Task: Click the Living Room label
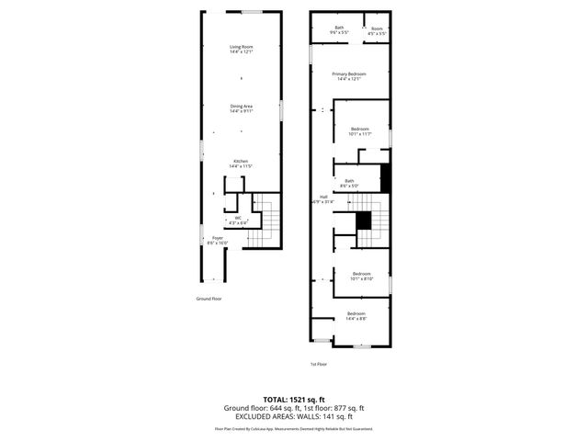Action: [242, 49]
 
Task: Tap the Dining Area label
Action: [242, 108]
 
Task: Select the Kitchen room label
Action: [241, 164]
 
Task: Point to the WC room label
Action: [237, 220]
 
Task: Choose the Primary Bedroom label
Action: [349, 76]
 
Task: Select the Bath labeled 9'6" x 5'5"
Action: [339, 30]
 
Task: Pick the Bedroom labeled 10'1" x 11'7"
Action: [361, 131]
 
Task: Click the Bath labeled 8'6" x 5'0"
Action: [349, 183]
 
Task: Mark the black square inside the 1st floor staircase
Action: [364, 220]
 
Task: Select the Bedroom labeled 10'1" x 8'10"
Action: [361, 276]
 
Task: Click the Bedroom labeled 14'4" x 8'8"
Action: [356, 316]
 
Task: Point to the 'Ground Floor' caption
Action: [209, 299]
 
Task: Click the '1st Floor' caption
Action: [318, 364]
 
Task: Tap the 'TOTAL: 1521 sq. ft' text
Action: [294, 400]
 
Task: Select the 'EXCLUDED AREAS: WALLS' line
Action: [294, 416]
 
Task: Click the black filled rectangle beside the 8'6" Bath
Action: [386, 177]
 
